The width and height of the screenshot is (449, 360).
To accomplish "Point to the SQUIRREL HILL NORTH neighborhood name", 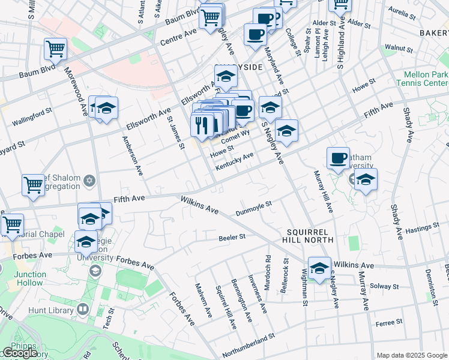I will point(309,235).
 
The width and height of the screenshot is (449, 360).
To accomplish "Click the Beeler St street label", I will point(234,237).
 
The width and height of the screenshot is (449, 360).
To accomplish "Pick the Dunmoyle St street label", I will point(254,207).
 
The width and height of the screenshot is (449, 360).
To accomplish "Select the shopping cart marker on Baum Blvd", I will point(55,50).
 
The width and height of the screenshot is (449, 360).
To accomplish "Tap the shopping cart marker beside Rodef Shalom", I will point(33,185).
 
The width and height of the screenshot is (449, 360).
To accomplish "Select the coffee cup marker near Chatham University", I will point(339,158).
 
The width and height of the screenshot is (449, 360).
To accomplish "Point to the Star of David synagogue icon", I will point(89,181).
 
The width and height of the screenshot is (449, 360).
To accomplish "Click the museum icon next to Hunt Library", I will point(83,310).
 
